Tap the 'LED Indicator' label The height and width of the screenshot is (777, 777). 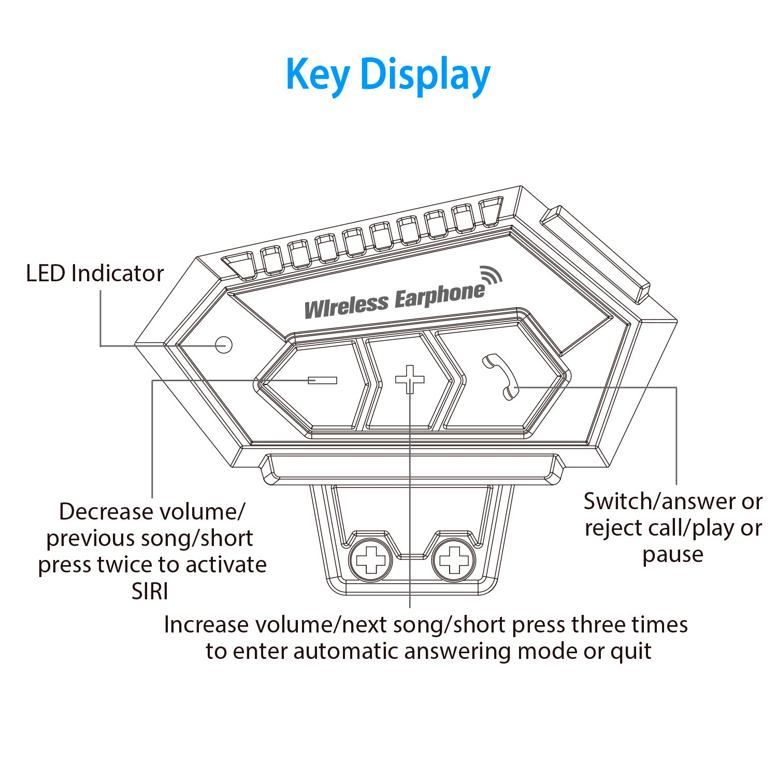95,274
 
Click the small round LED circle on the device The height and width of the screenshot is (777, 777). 223,344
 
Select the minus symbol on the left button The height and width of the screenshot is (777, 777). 322,380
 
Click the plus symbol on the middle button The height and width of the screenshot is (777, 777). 410,379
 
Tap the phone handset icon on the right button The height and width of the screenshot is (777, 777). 500,376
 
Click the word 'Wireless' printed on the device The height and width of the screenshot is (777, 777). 346,306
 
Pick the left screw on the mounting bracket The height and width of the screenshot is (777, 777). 370,559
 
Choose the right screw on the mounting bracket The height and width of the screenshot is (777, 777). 454,559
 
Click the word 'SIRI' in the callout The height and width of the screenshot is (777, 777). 150,592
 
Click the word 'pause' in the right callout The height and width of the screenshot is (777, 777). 673,555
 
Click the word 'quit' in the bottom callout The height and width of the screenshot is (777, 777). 631,651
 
